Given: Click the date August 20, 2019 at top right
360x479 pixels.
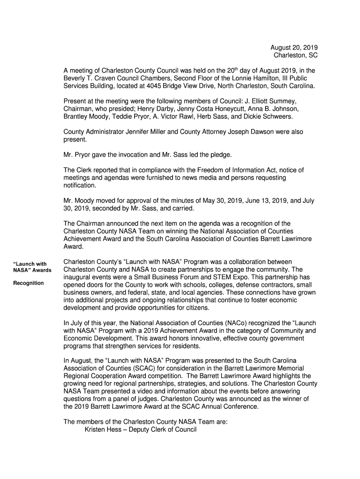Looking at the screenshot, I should tap(294, 48).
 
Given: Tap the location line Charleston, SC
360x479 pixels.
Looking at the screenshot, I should tap(295, 56).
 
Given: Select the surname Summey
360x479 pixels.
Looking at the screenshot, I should tap(284, 101).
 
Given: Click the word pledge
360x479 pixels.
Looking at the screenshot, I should tap(220, 154).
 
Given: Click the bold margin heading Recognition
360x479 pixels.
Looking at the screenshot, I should tap(29, 283).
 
